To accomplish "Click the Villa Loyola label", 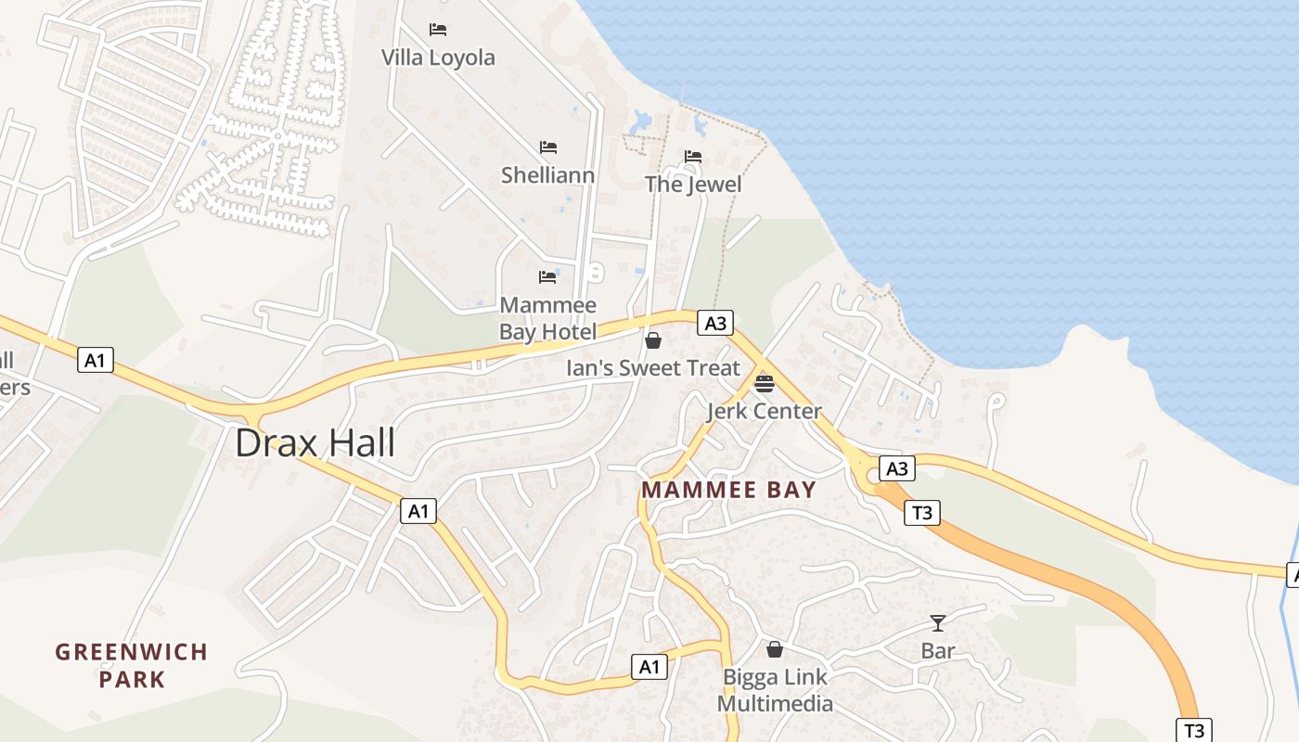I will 438,58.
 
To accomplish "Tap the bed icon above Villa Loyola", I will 438,30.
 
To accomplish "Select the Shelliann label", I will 547,174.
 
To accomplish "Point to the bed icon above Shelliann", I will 548,147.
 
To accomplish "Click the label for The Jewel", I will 693,184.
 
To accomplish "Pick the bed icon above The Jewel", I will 693,157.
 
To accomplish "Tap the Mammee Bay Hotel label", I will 547,318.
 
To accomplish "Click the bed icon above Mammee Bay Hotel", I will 547,277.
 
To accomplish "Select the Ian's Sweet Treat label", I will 653,367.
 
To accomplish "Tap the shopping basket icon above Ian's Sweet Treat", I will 653,340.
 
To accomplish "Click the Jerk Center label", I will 765,411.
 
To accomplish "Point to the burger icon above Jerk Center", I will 765,383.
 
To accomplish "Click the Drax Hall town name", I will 315,443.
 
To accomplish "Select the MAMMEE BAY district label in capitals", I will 729,490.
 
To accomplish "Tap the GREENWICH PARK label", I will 132,665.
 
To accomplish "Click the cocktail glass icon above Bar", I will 938,623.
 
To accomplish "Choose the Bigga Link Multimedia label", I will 775,690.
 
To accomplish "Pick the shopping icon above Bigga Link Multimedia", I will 775,649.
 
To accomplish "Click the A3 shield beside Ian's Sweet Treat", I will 714,323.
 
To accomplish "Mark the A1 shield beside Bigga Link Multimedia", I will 649,666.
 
